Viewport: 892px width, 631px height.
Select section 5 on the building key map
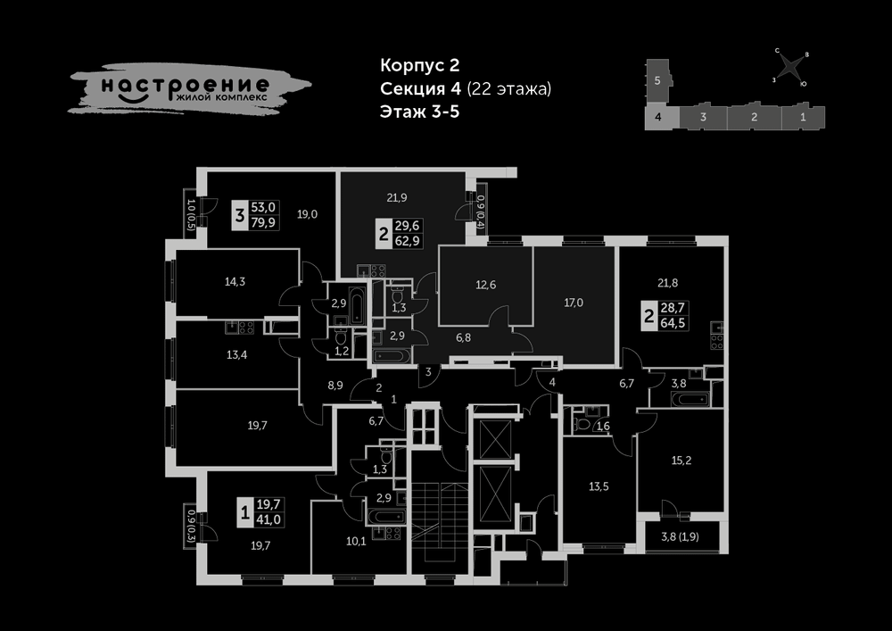[x=657, y=81]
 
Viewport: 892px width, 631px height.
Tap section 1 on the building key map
[x=804, y=117]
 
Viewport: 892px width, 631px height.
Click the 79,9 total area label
[x=263, y=222]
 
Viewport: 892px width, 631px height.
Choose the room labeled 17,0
[x=574, y=303]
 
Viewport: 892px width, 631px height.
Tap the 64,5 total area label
[x=673, y=323]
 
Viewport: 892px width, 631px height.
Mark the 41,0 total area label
[x=268, y=519]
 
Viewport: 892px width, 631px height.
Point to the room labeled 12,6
[x=485, y=285]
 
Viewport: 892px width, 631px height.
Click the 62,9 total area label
[x=408, y=241]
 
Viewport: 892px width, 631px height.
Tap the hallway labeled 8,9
[x=334, y=386]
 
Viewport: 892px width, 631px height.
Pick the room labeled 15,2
[x=681, y=461]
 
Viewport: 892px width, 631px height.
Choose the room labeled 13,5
[x=599, y=487]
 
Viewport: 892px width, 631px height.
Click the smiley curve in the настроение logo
[x=135, y=98]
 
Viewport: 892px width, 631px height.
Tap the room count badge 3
[x=239, y=216]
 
